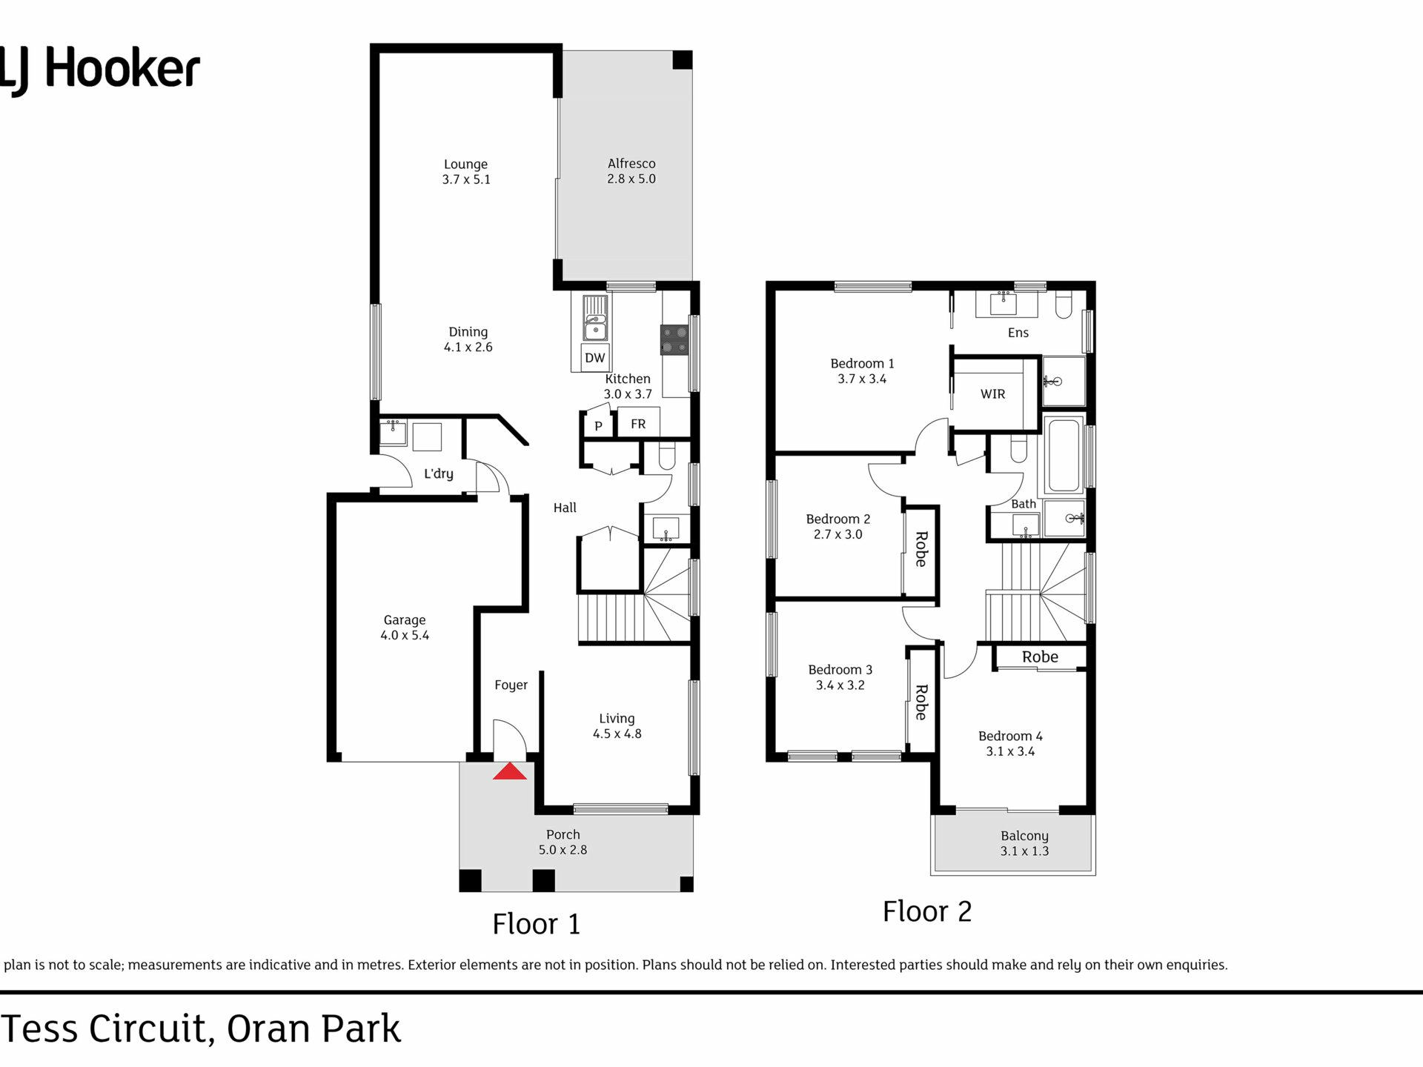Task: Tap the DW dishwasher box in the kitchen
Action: tap(595, 357)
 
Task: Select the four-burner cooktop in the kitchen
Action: tap(674, 341)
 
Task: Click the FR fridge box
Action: tap(638, 423)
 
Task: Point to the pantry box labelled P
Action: tap(598, 425)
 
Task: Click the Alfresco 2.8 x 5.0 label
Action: tap(631, 171)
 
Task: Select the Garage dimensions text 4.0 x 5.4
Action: tap(405, 635)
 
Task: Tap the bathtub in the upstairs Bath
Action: tap(1064, 454)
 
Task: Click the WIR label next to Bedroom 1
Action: tap(992, 394)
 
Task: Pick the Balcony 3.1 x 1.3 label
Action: tap(1024, 843)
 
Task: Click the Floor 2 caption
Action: tap(927, 911)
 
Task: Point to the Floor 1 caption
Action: tap(537, 924)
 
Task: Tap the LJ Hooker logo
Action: tap(99, 70)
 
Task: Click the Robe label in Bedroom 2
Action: tap(921, 549)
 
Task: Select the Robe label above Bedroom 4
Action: tap(1040, 657)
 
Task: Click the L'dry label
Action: tap(439, 473)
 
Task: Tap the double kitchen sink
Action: tap(595, 318)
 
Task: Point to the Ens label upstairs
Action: tap(1018, 333)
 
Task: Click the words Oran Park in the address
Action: tap(314, 1028)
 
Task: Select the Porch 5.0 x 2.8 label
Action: tap(563, 842)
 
